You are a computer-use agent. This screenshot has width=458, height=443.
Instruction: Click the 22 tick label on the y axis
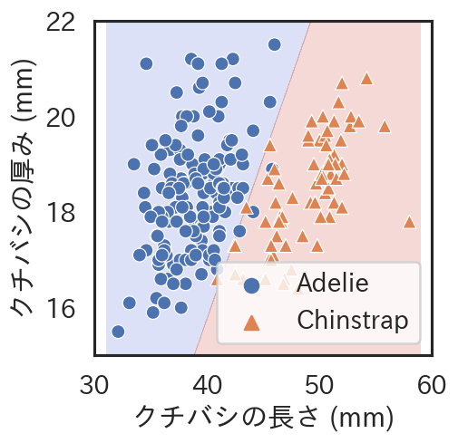[61, 23]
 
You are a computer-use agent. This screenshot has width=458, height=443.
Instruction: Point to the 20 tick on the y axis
[61, 118]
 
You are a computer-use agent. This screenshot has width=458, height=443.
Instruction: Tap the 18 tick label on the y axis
[61, 213]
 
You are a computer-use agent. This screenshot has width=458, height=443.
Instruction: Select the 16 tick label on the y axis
[61, 308]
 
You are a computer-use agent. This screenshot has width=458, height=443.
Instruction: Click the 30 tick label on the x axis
[94, 385]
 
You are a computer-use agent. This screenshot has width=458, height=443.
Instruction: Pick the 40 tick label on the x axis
[207, 385]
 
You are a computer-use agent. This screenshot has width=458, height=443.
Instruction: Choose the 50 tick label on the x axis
[319, 385]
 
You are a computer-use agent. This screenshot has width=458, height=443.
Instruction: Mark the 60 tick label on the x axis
[432, 385]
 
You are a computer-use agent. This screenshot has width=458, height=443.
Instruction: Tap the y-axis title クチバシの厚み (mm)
[23, 188]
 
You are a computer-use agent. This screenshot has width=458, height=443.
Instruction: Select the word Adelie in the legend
[333, 284]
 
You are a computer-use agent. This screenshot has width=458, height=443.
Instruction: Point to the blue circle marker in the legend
[251, 285]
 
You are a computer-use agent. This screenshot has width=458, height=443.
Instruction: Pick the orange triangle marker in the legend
[252, 323]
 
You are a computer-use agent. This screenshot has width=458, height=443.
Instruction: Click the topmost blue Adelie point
[275, 44]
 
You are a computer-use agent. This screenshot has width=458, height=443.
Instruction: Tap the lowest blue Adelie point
[118, 332]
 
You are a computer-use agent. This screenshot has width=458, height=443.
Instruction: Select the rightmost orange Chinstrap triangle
[409, 222]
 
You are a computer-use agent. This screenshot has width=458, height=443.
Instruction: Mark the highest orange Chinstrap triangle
[366, 79]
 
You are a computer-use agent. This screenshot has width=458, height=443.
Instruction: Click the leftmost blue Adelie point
[118, 332]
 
